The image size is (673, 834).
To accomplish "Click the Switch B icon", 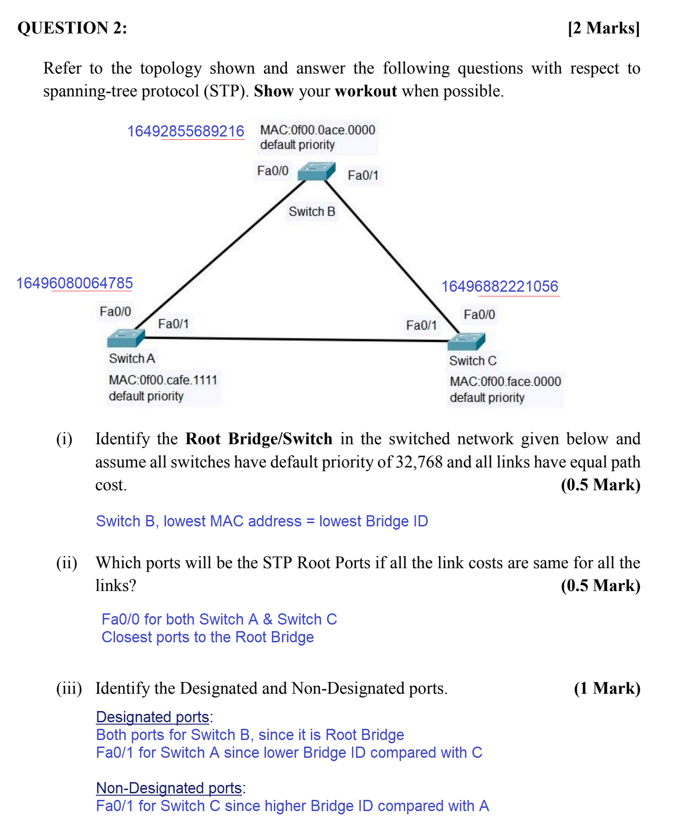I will pos(317,171).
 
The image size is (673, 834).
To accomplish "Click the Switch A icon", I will pos(126,338).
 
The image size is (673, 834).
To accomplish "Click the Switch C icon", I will pos(466,341).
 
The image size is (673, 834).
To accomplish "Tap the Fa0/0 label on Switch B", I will pos(272,171).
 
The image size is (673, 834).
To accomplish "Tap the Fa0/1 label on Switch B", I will pos(363,175).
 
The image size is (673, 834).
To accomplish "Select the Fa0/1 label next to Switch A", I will pos(173,324).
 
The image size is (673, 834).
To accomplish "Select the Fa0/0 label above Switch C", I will pos(479,315).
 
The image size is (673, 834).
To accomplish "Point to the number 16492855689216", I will pos(186,131).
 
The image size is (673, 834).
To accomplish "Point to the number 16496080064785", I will pos(75,283).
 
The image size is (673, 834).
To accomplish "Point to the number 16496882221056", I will pos(500,287).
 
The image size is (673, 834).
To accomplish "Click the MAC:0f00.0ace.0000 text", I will pos(317,130).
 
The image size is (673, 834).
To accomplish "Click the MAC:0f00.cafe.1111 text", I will pos(163,380).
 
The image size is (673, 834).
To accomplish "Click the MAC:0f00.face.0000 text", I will pos(505,381).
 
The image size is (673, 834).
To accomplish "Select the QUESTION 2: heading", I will pos(72,28).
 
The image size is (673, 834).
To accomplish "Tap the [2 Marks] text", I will pos(603,28).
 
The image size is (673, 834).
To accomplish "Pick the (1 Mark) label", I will pos(607,689).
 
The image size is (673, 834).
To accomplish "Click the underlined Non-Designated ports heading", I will pos(169,788).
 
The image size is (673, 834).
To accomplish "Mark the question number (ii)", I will pos(67,563).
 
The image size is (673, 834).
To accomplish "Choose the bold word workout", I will pos(366,91).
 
